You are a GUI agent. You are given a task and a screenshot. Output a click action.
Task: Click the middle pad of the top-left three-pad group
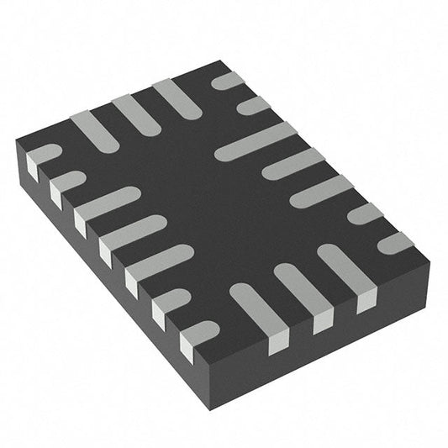tap(134, 113)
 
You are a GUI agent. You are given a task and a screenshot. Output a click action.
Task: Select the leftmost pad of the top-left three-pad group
tap(94, 131)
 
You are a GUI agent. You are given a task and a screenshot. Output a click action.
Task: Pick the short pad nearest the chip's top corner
tap(228, 81)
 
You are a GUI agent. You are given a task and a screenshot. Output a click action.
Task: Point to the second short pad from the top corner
tap(253, 105)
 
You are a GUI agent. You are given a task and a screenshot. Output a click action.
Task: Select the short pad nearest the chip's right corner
tap(395, 243)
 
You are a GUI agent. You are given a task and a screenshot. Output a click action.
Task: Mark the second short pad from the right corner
tap(366, 214)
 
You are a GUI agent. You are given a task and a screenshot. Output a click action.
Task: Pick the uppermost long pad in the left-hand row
tap(108, 202)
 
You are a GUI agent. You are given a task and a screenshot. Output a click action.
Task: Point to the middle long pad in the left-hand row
tap(134, 230)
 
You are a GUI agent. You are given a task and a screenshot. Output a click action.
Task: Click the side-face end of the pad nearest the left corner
tap(34, 170)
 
